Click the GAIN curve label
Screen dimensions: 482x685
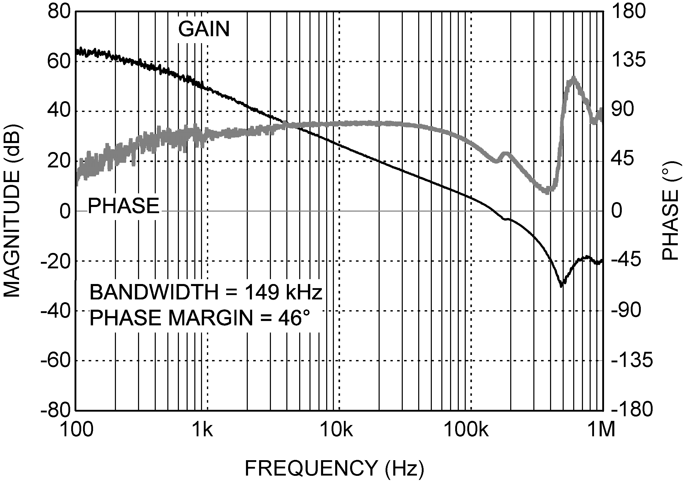click(x=204, y=29)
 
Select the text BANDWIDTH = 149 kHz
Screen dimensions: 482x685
click(x=206, y=292)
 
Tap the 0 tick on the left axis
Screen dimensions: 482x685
click(x=65, y=211)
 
